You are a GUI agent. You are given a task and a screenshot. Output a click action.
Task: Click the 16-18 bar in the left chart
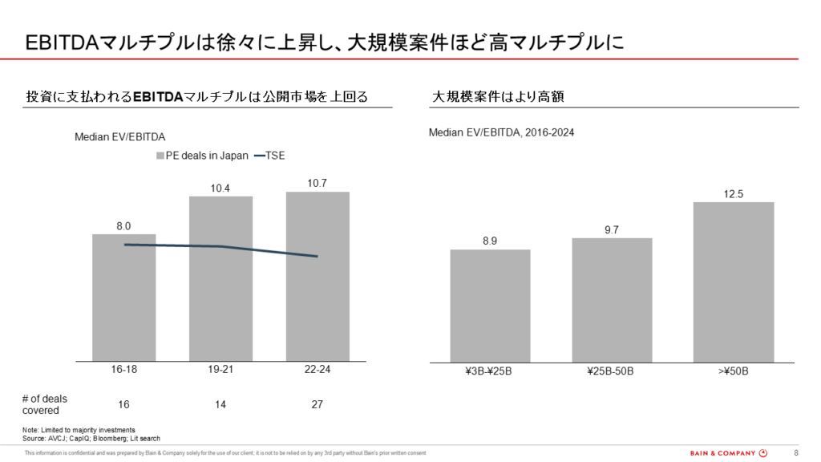[x=124, y=305]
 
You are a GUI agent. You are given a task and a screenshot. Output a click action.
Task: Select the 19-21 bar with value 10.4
[x=220, y=305]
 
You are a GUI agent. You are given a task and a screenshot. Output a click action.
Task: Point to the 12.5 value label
[x=734, y=194]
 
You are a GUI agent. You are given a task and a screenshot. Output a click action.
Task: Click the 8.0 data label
[x=124, y=226]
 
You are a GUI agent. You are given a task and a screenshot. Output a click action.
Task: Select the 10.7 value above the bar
[x=317, y=184]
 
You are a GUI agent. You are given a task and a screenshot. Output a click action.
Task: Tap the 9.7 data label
[x=612, y=230]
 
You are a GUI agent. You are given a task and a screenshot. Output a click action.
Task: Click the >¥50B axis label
[x=734, y=372]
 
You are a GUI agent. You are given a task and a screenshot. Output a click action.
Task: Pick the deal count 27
[x=317, y=404]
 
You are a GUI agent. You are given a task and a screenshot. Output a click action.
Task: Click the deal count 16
[x=124, y=404]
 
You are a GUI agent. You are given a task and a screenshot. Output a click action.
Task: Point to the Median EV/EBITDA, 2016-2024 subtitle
[x=501, y=132]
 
